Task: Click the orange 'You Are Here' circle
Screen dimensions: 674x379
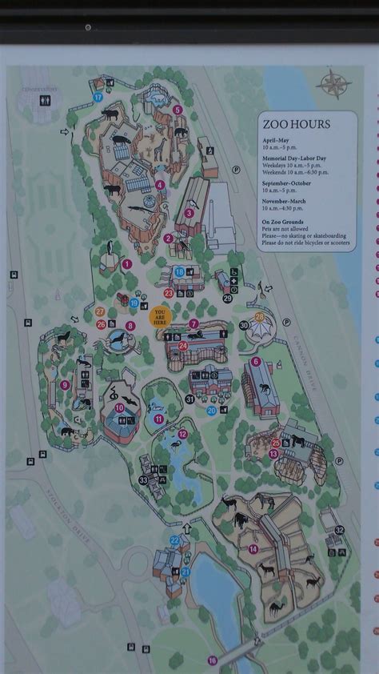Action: (160, 316)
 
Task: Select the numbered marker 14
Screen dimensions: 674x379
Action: (253, 549)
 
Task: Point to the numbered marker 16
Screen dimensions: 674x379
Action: (212, 660)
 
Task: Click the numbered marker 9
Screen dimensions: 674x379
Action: (64, 385)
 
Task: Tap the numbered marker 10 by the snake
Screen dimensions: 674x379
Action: (119, 407)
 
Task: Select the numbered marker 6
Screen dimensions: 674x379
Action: (256, 361)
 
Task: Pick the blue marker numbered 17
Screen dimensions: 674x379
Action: (98, 96)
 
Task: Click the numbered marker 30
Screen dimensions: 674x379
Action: (243, 325)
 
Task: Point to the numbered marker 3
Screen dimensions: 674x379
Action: (189, 213)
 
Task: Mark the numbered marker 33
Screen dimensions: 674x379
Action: (143, 480)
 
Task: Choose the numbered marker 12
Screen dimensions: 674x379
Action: (182, 434)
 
